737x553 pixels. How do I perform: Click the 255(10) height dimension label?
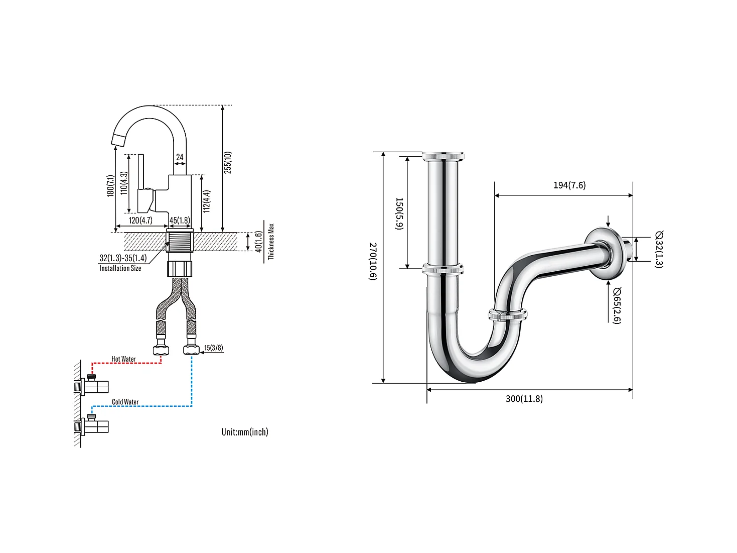pos(228,162)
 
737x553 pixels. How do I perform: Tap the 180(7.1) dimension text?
pos(110,185)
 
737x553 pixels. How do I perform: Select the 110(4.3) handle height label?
pos(124,183)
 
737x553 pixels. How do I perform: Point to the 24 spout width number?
pos(180,157)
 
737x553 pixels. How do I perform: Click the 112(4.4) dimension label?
pos(207,201)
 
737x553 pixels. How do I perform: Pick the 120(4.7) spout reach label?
pos(140,220)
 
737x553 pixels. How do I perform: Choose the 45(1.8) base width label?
pos(180,220)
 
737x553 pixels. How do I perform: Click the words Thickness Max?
pos(271,242)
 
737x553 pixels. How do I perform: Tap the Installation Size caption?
pos(120,268)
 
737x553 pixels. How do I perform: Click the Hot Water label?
pos(123,359)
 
